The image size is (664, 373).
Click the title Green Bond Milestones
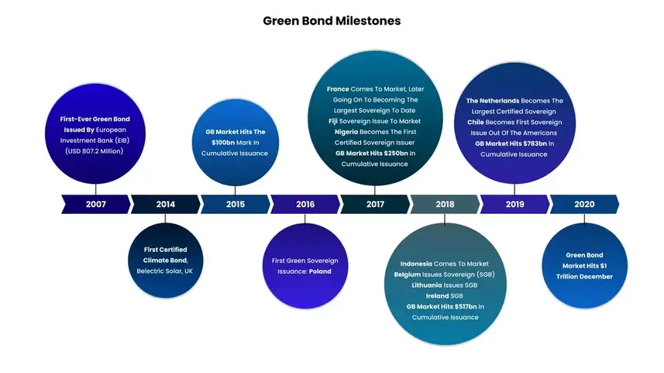point(332,21)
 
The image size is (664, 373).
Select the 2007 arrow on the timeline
point(96,204)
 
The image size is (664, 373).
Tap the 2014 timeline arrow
point(166,204)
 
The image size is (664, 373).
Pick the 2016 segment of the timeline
point(305,204)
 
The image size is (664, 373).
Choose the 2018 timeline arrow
point(445,204)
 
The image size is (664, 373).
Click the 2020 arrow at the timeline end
point(584,204)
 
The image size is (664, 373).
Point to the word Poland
point(320,271)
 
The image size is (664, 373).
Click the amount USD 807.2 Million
point(94,151)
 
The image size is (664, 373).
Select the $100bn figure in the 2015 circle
point(222,143)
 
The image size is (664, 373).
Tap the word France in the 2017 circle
point(338,89)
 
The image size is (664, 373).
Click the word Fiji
point(333,121)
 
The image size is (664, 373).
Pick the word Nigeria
point(346,132)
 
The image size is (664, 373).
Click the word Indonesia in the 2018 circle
point(416,264)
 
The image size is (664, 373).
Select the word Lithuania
point(427,285)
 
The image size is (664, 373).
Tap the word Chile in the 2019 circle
point(476,122)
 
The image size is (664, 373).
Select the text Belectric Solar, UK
point(165,271)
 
